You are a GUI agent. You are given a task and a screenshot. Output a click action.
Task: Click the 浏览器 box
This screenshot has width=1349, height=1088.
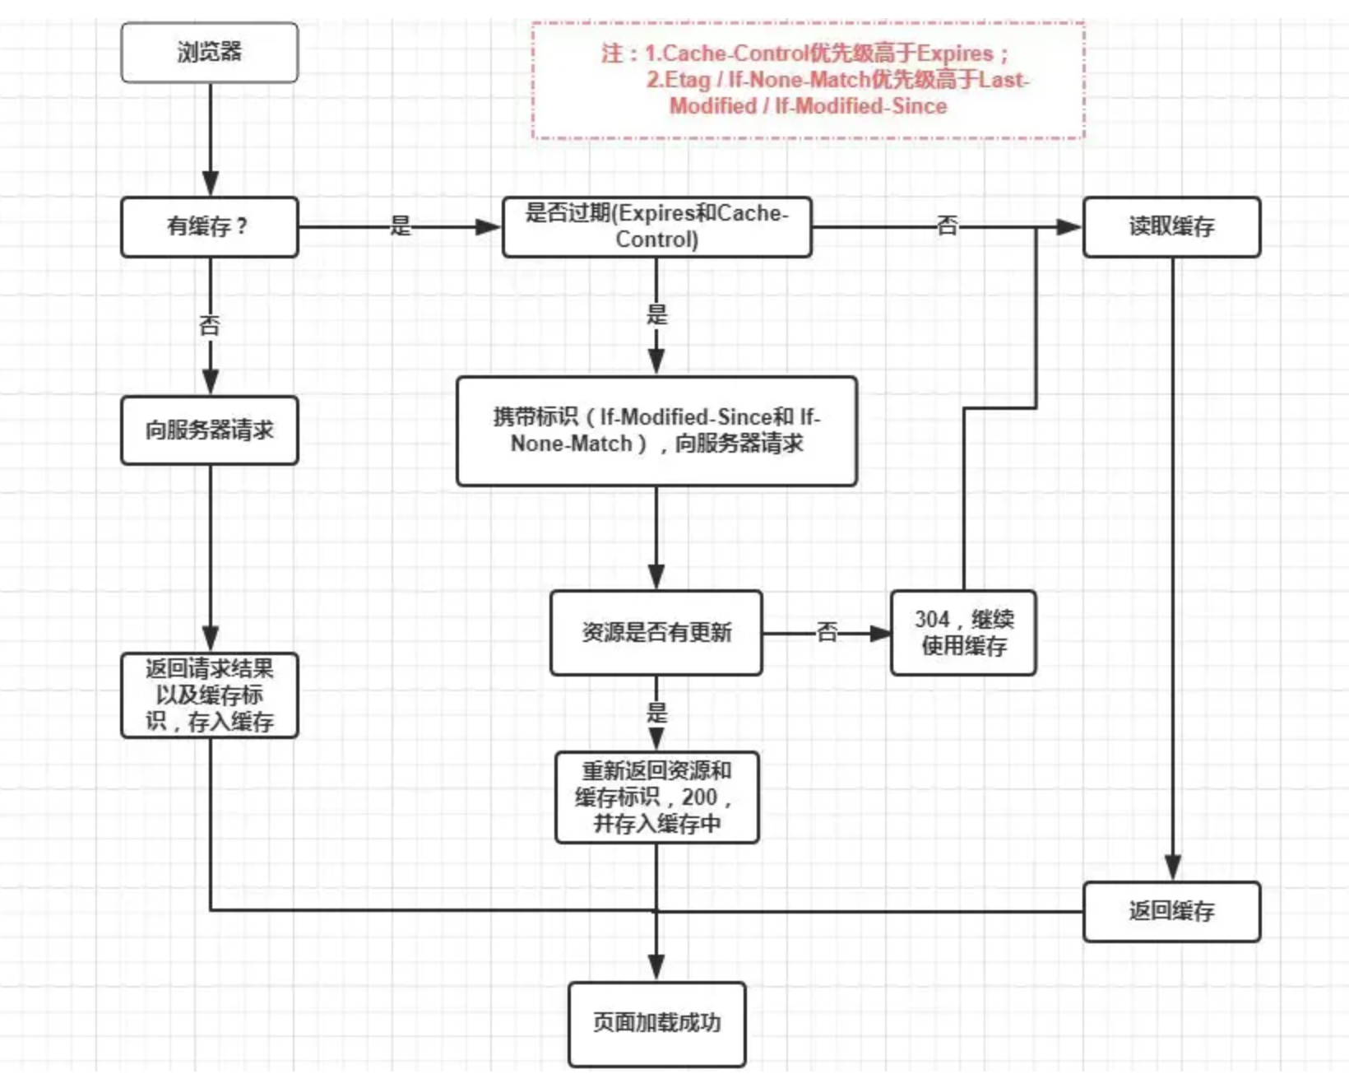click(x=209, y=53)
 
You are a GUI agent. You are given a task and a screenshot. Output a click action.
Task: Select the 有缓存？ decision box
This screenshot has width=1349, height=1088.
click(x=209, y=226)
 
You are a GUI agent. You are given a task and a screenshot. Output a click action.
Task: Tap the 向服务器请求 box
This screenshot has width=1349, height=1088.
click(x=209, y=430)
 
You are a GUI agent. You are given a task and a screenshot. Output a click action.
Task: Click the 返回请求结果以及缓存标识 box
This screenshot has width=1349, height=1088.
click(x=209, y=695)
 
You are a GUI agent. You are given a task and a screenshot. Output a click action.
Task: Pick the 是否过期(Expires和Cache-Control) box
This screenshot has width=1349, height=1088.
click(x=656, y=226)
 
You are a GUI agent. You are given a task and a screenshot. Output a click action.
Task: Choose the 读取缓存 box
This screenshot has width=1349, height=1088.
click(x=1171, y=226)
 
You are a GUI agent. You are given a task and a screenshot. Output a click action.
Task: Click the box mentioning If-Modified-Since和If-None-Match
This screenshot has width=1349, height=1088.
click(x=656, y=430)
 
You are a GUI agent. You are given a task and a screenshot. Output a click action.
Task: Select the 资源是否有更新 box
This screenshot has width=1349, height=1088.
click(x=656, y=632)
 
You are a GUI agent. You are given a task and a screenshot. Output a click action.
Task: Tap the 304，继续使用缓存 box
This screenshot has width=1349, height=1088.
click(x=963, y=632)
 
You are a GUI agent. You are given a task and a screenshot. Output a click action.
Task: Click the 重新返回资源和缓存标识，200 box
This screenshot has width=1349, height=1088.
click(x=656, y=797)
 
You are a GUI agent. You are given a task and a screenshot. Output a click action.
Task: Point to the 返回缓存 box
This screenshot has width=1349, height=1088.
click(x=1171, y=911)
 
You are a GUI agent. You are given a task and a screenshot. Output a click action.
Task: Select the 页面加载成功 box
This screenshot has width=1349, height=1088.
click(x=656, y=1023)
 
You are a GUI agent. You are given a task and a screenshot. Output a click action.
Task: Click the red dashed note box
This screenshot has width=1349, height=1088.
click(x=808, y=80)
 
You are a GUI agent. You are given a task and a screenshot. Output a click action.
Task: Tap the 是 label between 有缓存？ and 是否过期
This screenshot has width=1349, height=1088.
click(x=400, y=226)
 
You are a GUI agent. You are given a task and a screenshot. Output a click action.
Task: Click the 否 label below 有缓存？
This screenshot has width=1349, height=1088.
click(x=210, y=325)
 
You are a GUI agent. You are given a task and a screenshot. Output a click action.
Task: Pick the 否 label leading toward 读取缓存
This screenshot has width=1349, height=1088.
click(x=947, y=225)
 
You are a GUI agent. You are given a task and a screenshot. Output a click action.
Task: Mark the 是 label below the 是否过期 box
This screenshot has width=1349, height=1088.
click(x=656, y=314)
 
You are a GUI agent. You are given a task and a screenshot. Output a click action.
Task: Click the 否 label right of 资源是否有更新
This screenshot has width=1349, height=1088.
click(x=827, y=632)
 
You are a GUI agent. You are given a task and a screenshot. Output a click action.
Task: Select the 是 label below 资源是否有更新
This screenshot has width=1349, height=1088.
click(x=656, y=712)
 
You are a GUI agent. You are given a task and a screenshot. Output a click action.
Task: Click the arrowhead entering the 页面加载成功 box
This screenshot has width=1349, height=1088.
click(x=656, y=968)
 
